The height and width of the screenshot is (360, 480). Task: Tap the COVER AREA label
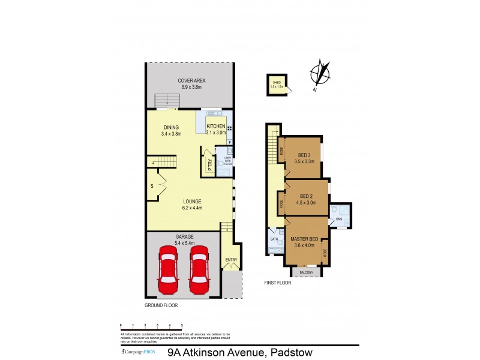coord(189,81)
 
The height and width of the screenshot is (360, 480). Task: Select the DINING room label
coord(171,127)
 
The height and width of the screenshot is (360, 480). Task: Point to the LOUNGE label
coord(193,202)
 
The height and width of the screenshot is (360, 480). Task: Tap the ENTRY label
coord(231,260)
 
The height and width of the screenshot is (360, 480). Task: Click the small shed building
coord(277,85)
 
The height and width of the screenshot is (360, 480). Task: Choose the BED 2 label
coord(306,196)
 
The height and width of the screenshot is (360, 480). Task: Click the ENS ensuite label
coord(339,219)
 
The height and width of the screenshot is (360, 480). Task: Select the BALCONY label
coord(306,272)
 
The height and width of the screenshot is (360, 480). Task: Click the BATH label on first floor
coord(274,239)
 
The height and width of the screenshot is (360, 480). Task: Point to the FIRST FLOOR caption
coord(277,282)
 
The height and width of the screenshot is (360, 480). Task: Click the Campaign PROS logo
coord(139,352)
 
